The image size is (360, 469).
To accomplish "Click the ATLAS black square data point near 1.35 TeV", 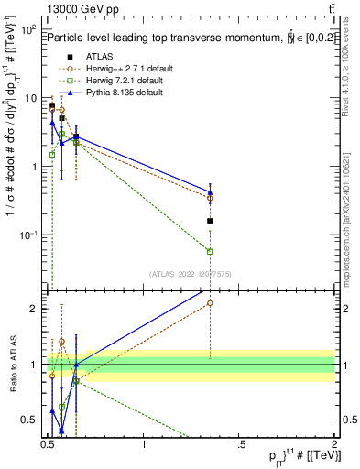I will coord(211,221).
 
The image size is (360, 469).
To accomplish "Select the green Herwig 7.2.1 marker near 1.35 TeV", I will coord(211,251).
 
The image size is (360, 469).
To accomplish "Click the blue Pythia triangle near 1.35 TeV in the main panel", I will coord(211,192).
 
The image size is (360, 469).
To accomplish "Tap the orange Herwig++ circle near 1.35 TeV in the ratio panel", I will coord(211,302).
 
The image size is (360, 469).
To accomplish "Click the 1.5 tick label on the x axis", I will coord(239,444).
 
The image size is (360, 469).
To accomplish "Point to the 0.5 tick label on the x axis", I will coord(49,444).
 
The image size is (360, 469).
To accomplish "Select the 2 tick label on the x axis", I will coord(334,444).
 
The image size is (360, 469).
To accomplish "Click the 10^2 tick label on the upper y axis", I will coord(29,30).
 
